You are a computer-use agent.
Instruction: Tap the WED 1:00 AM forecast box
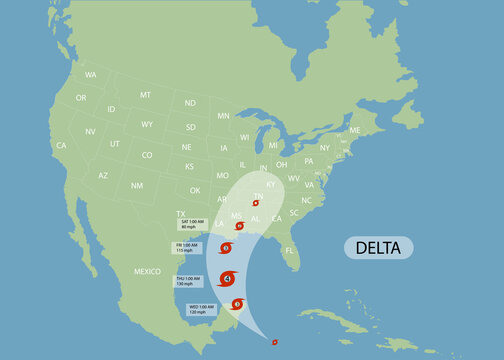pyautogui.click(x=200, y=309)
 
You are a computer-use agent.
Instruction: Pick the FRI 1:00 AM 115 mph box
pyautogui.click(x=189, y=247)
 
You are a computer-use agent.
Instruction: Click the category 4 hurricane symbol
pyautogui.click(x=228, y=278)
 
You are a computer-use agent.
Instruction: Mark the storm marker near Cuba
pyautogui.click(x=274, y=341)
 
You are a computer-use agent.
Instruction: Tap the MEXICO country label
pyautogui.click(x=147, y=271)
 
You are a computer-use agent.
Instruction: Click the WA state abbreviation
pyautogui.click(x=91, y=75)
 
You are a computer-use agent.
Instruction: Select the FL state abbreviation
pyautogui.click(x=290, y=251)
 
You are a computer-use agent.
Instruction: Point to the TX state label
pyautogui.click(x=182, y=213)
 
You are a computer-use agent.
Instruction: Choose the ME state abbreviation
pyautogui.click(x=354, y=130)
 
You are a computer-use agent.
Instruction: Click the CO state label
pyautogui.click(x=147, y=155)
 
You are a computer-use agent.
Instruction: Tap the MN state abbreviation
pyautogui.click(x=223, y=116)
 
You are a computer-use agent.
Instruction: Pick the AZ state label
pyautogui.click(x=103, y=175)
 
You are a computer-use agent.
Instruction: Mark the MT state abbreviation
pyautogui.click(x=145, y=94)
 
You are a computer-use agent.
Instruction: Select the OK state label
pyautogui.click(x=195, y=190)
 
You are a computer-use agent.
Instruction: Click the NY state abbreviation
pyautogui.click(x=324, y=147)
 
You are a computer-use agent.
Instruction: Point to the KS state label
pyautogui.click(x=189, y=166)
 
